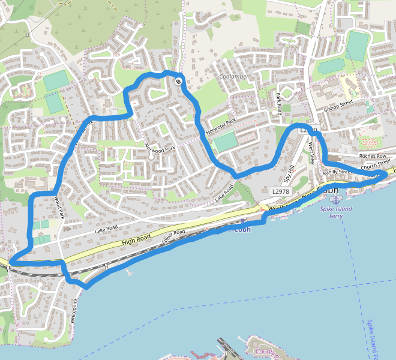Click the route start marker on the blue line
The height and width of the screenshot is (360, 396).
point(178,81)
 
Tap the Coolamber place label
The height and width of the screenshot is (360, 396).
point(233,77)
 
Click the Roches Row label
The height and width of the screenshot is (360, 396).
point(373,156)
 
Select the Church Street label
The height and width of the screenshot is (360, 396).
point(376,163)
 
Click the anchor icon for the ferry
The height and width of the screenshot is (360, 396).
point(335,199)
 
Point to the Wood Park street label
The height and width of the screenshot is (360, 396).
point(58,206)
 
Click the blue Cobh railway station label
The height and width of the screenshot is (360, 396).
point(242,229)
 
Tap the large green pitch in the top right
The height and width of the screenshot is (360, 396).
point(357,46)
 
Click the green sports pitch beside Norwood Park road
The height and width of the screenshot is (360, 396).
point(224,142)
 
